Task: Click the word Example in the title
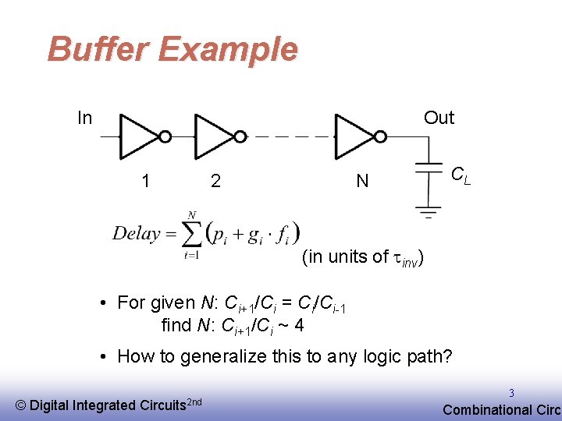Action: (228, 49)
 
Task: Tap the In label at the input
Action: (85, 118)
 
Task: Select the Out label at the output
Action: (439, 118)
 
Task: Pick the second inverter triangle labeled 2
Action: (213, 137)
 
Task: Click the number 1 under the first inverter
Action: (145, 182)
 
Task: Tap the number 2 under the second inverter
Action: (215, 182)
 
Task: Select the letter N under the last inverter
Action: (362, 182)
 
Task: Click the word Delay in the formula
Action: (136, 233)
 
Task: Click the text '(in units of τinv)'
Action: (363, 256)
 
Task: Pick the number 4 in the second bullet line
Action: (299, 324)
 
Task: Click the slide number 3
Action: (512, 394)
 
